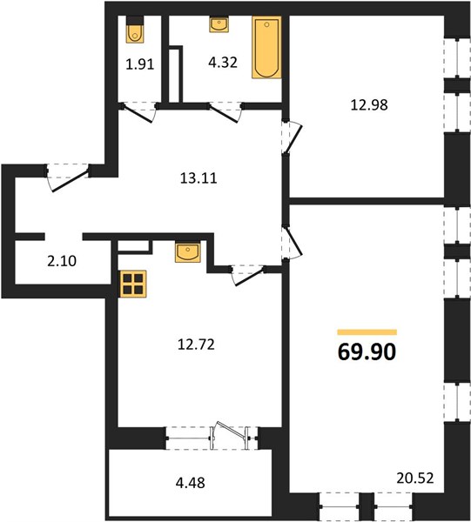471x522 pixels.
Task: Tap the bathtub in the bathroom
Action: pyautogui.click(x=266, y=48)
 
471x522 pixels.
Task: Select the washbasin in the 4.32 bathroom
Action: pyautogui.click(x=219, y=24)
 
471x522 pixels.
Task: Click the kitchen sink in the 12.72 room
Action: pyautogui.click(x=188, y=252)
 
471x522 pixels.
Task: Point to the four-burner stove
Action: pyautogui.click(x=133, y=284)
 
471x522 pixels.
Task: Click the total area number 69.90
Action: pyautogui.click(x=367, y=351)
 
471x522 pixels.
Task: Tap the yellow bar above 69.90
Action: pyautogui.click(x=367, y=332)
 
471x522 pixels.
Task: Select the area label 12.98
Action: pyautogui.click(x=369, y=105)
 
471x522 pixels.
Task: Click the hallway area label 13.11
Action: pyautogui.click(x=198, y=178)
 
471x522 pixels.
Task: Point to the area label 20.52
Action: pyautogui.click(x=415, y=478)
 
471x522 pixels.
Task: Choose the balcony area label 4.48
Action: pyautogui.click(x=190, y=482)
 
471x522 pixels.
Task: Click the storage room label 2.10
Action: pyautogui.click(x=62, y=261)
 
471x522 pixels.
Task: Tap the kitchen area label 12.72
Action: pyautogui.click(x=196, y=345)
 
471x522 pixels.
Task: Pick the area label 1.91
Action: pyautogui.click(x=140, y=64)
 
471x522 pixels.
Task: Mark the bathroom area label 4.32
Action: pyautogui.click(x=223, y=63)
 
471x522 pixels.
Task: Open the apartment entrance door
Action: pyautogui.click(x=68, y=177)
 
